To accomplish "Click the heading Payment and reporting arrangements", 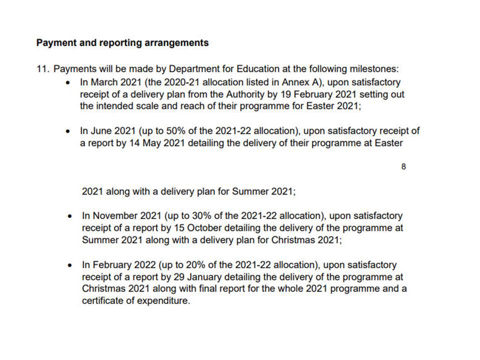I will coord(122,43).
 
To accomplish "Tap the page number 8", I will coord(403,167).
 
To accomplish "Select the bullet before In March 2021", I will coord(68,82).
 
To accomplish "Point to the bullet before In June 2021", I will coord(68,131).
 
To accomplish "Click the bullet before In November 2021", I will coord(69,216).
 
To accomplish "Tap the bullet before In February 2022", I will coord(69,265).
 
